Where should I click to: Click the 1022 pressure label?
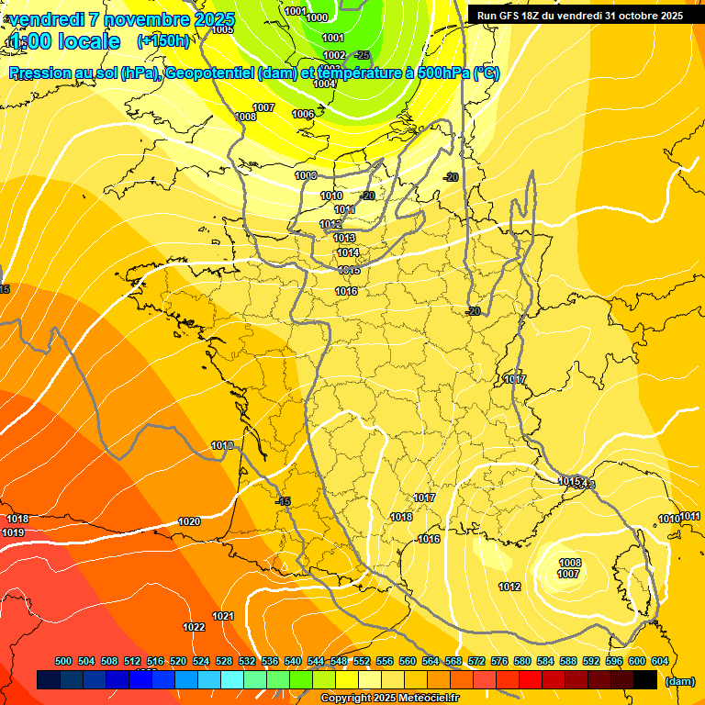(194, 628)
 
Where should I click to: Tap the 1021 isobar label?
(223, 616)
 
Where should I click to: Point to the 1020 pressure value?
(189, 521)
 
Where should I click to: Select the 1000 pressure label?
(317, 17)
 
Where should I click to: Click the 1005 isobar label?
(222, 29)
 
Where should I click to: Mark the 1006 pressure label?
(303, 114)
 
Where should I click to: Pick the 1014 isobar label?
(347, 252)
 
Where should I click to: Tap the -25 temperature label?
(362, 55)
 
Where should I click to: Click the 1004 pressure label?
(324, 84)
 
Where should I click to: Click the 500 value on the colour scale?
(63, 662)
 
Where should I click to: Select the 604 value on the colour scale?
(659, 662)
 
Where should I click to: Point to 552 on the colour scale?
(361, 662)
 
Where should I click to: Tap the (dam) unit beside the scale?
(679, 680)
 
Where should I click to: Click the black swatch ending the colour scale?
(645, 679)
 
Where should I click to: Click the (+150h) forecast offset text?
(163, 40)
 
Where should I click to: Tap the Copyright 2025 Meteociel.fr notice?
(389, 698)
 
